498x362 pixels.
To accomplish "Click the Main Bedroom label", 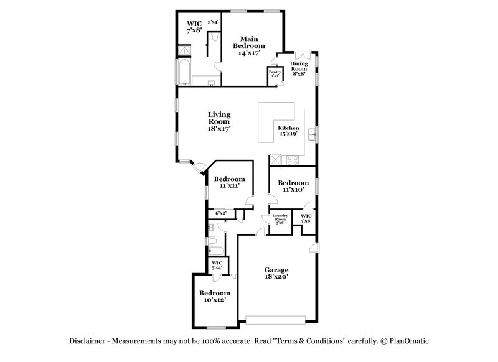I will (x=248, y=46).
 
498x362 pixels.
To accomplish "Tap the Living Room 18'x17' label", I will (x=219, y=121).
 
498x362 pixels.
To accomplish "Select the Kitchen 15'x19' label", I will (x=288, y=130).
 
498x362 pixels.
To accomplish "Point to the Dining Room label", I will (x=299, y=68).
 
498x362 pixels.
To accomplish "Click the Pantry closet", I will (x=275, y=74).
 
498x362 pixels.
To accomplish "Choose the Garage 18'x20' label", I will (x=276, y=274).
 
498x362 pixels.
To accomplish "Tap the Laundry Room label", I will (x=280, y=219).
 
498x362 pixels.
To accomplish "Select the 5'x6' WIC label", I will (x=306, y=218).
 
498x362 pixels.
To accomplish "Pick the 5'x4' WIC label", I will (x=217, y=266).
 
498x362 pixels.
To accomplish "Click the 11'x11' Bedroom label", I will (x=230, y=182).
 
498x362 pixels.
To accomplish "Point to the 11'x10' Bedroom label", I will (x=293, y=185).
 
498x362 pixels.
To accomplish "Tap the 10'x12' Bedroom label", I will (x=215, y=296).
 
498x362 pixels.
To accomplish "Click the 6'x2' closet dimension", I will (x=220, y=213).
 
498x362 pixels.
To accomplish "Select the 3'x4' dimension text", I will (x=213, y=22).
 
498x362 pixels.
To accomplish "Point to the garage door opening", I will (x=276, y=320).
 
